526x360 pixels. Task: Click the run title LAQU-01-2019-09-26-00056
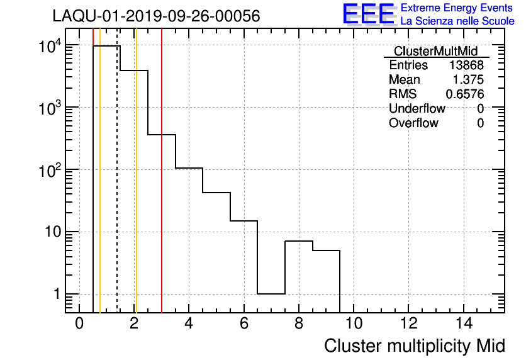[156, 16]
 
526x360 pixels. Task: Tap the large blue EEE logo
[369, 14]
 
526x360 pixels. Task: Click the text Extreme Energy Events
[457, 8]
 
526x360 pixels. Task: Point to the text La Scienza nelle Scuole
[457, 21]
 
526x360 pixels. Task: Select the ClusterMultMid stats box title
[435, 51]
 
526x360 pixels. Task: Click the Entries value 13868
[466, 65]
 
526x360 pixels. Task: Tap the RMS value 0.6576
[465, 94]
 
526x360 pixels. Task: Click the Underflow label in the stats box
[417, 109]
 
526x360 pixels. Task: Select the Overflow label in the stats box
[413, 123]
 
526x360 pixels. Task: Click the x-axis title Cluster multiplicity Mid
[414, 346]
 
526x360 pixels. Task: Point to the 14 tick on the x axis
[463, 323]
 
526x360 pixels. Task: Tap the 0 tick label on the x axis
[79, 323]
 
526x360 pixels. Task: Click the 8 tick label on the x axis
[299, 323]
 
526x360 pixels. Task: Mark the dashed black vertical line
[117, 189]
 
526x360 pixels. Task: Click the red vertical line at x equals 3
[162, 189]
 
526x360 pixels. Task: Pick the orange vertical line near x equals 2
[136, 189]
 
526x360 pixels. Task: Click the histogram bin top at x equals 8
[299, 241]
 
